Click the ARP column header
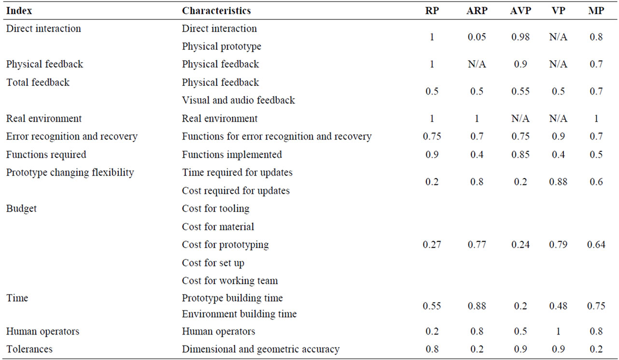[477, 11]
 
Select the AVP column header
[521, 11]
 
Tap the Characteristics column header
[216, 11]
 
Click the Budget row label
[21, 208]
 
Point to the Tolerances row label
[29, 349]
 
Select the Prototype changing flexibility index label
[70, 173]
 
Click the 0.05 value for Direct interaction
[477, 37]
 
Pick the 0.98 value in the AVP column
[521, 37]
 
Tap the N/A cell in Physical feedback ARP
[477, 64]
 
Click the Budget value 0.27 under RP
[432, 245]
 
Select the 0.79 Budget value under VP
[558, 245]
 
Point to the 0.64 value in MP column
[596, 245]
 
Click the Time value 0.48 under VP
[558, 306]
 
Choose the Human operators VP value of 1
[558, 331]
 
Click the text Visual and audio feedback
[239, 100]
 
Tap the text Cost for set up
[213, 263]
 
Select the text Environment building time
[239, 314]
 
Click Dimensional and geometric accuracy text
[261, 349]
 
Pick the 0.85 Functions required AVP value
[521, 155]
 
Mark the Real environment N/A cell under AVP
[521, 119]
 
